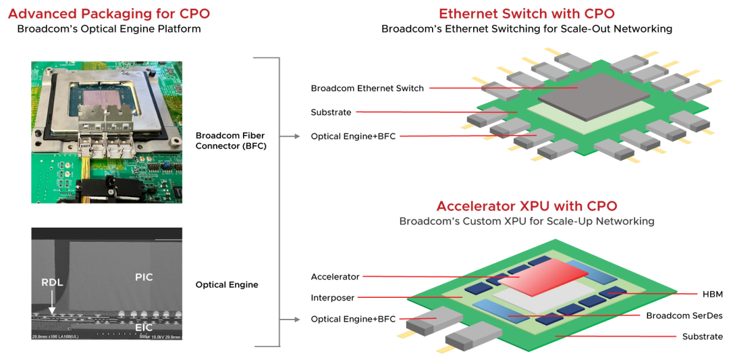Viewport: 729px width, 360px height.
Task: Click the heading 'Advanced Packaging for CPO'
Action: coord(109,14)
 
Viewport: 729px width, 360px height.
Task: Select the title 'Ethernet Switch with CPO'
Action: coord(526,14)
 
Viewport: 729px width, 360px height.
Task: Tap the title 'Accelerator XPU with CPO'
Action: coord(526,206)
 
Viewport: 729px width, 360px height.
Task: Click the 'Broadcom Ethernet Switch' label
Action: coord(367,88)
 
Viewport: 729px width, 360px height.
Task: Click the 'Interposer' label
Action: coord(332,298)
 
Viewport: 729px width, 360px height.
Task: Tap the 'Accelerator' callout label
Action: coord(335,277)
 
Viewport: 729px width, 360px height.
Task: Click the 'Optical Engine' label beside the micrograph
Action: coord(227,285)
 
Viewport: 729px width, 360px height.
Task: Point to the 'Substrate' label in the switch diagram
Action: coord(331,112)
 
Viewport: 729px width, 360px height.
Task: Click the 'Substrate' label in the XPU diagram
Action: coord(702,336)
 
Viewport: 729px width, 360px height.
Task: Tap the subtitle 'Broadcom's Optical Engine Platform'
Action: coord(109,29)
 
